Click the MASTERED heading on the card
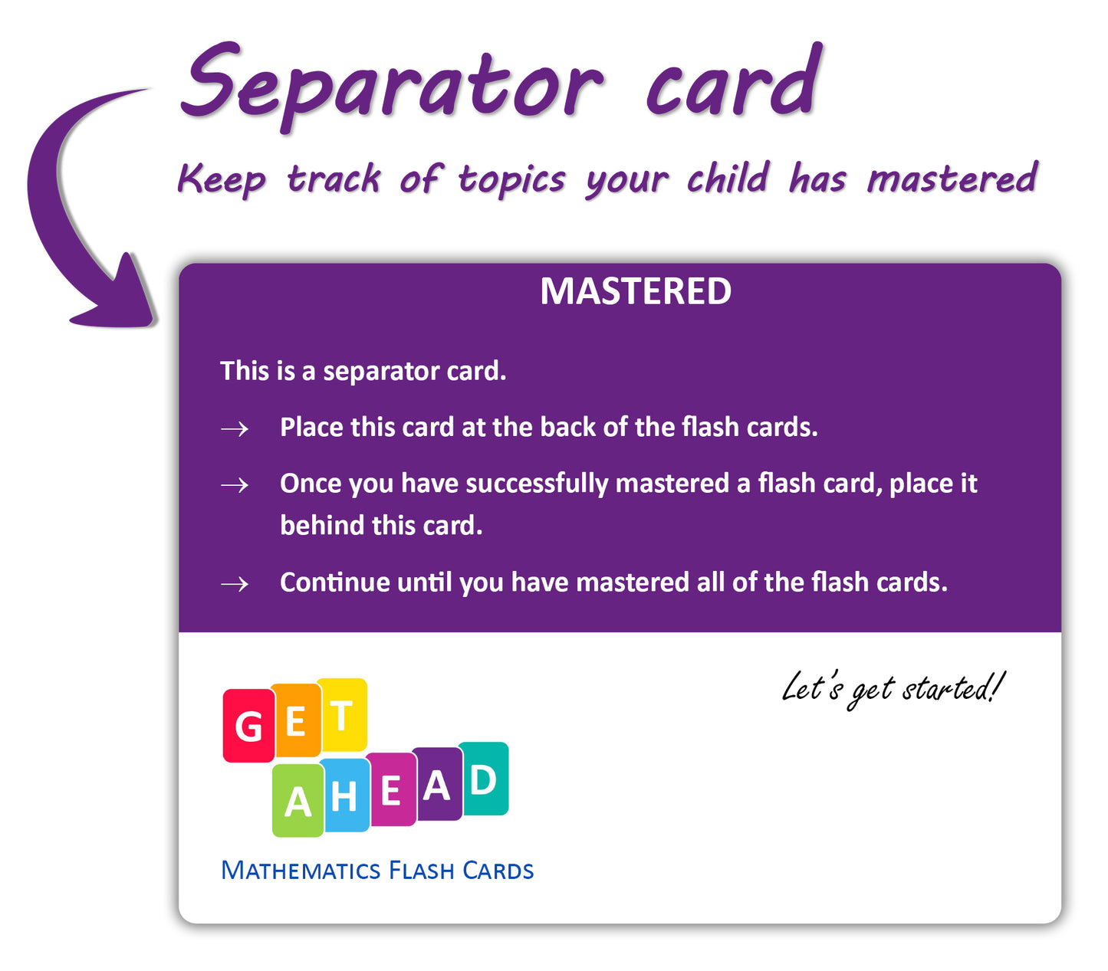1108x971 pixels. [x=635, y=291]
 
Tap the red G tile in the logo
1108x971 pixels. [x=249, y=725]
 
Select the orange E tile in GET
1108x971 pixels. [x=296, y=720]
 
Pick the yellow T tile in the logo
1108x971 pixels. [x=342, y=714]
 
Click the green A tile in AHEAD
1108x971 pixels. [x=298, y=800]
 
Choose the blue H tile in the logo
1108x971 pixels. [x=344, y=795]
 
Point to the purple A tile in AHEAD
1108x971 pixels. [x=437, y=784]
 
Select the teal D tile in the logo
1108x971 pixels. [x=483, y=779]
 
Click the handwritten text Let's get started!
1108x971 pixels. [x=893, y=689]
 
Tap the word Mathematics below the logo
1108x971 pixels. [x=301, y=871]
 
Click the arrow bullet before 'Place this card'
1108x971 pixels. [x=235, y=429]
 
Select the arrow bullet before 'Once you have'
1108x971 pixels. [x=235, y=485]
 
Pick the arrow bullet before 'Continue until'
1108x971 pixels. [x=235, y=584]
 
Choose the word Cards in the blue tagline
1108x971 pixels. [x=498, y=871]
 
